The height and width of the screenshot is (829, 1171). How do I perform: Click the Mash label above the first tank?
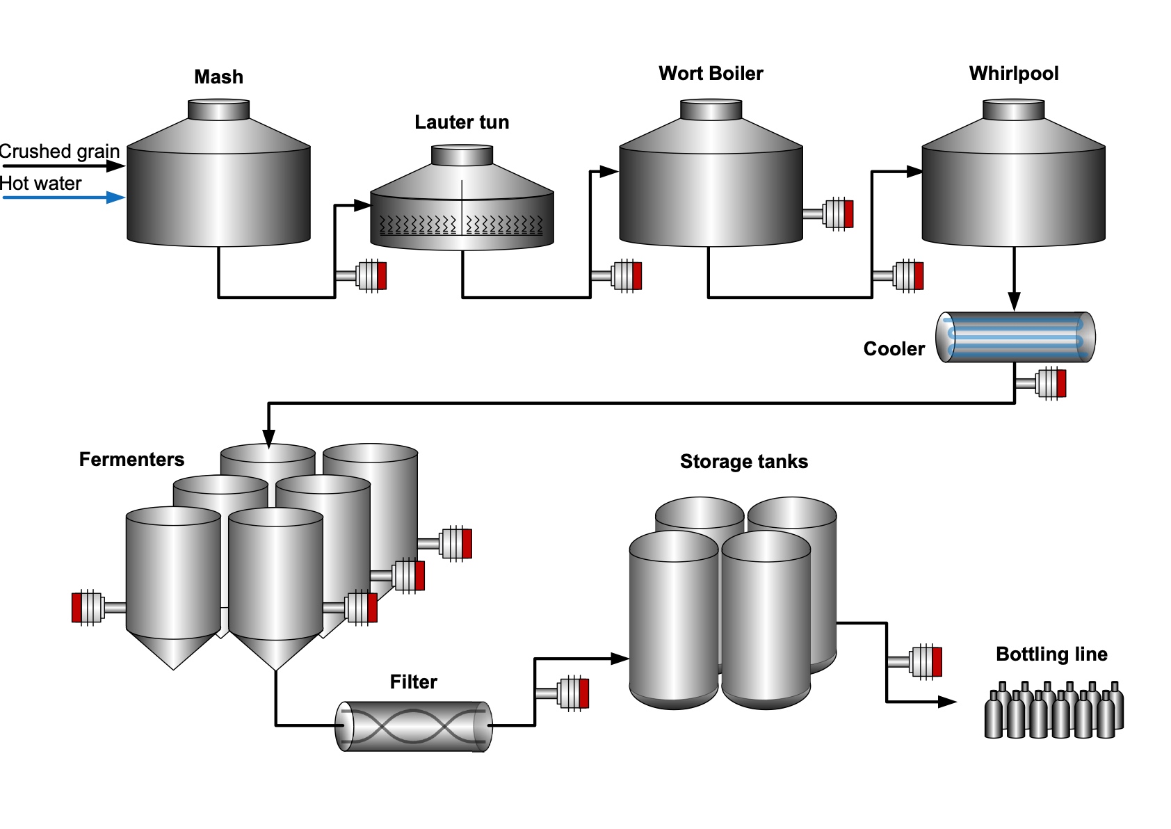tap(218, 77)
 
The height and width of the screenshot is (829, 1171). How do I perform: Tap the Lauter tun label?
tap(462, 122)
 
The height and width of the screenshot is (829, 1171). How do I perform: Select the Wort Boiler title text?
tap(711, 74)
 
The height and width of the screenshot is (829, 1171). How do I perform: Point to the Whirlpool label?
tap(1013, 74)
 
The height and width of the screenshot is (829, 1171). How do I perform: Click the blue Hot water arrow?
tap(63, 198)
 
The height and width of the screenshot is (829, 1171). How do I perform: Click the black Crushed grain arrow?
tap(63, 166)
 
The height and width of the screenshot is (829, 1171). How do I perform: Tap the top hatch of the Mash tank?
tap(218, 109)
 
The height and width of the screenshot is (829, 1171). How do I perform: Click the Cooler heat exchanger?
tap(1015, 337)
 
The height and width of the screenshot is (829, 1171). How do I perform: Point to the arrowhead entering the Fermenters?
tap(268, 438)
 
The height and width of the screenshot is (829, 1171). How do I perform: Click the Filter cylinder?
tap(414, 726)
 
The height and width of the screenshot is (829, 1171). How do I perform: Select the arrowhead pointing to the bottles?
tap(947, 702)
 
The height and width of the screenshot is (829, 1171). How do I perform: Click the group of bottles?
tap(1053, 711)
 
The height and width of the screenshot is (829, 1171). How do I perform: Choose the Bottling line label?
tap(1051, 654)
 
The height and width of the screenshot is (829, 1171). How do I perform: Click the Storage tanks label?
tap(743, 462)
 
